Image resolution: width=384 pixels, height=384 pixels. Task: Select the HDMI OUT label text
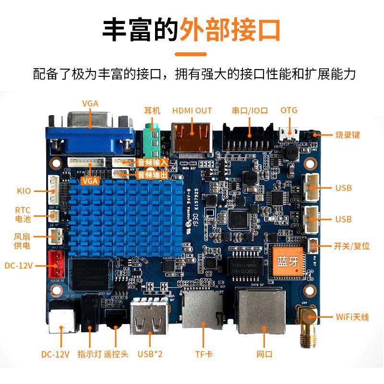click(x=192, y=110)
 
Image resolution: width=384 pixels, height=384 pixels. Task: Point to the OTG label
click(x=289, y=110)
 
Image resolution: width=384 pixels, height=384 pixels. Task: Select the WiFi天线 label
click(x=352, y=317)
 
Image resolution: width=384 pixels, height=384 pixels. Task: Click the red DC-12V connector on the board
click(x=57, y=265)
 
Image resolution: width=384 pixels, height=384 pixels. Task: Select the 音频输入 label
click(x=153, y=163)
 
